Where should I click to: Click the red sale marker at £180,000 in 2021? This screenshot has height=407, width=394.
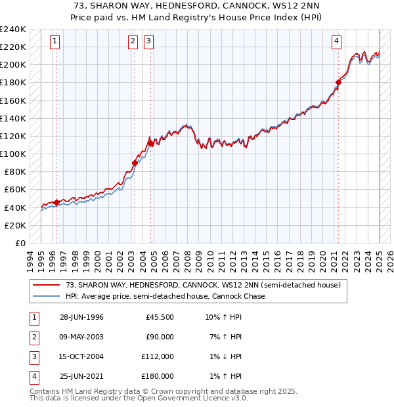click(339, 82)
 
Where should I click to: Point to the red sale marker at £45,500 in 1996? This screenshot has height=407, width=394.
click(56, 202)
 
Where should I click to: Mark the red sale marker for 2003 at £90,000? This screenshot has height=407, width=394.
click(135, 163)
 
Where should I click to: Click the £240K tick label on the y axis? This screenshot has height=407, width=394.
click(13, 29)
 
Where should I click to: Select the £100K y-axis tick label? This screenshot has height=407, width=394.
click(13, 154)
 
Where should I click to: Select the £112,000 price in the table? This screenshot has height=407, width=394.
click(158, 356)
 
